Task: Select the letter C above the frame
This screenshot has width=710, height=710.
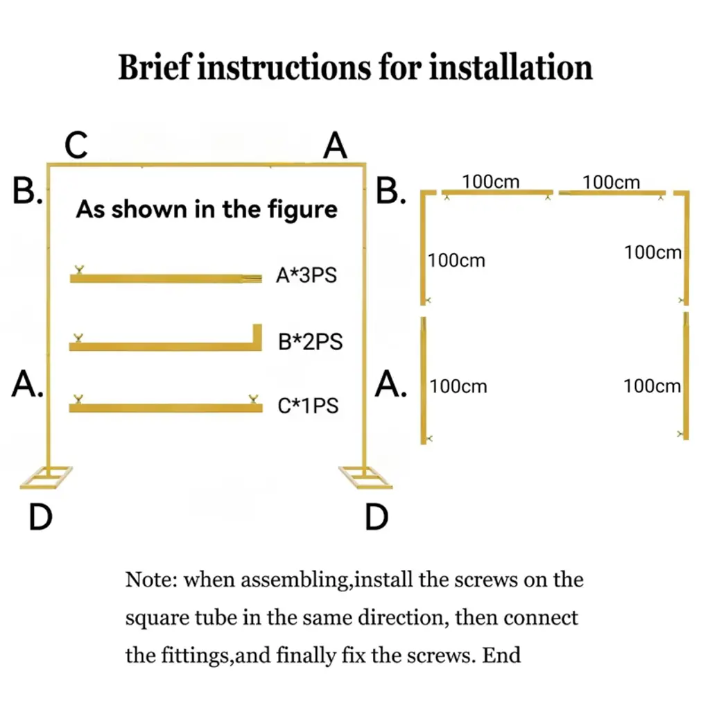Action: (x=76, y=146)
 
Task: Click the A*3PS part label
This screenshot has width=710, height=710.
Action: (x=306, y=275)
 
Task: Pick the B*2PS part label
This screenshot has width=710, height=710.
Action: (x=310, y=342)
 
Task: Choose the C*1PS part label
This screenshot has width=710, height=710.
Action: (x=308, y=406)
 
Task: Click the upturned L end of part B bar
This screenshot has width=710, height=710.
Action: (x=257, y=336)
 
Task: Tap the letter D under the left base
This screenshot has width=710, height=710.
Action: (x=41, y=517)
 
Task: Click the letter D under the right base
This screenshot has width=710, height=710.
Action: (x=376, y=517)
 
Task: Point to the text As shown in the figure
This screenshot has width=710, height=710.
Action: (x=206, y=209)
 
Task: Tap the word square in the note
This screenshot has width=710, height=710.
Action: (x=155, y=617)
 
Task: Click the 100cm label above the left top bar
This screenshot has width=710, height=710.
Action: (x=491, y=182)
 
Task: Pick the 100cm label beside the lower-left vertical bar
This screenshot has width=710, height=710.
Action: (x=458, y=386)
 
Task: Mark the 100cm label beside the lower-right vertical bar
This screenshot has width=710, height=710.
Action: (x=652, y=386)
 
